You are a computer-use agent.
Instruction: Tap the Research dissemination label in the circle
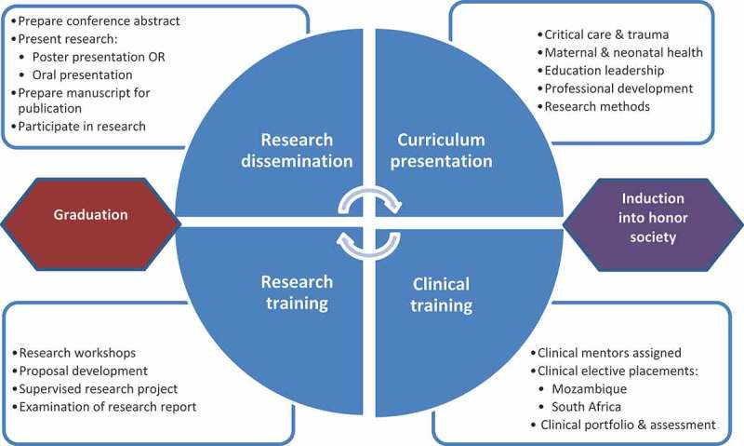(x=297, y=150)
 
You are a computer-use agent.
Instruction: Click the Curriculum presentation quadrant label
(x=442, y=150)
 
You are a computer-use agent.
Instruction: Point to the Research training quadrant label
(x=298, y=293)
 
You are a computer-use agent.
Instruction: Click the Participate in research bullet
(x=82, y=127)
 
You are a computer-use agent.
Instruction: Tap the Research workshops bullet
(x=77, y=353)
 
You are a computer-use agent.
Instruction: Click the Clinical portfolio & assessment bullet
(x=628, y=425)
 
